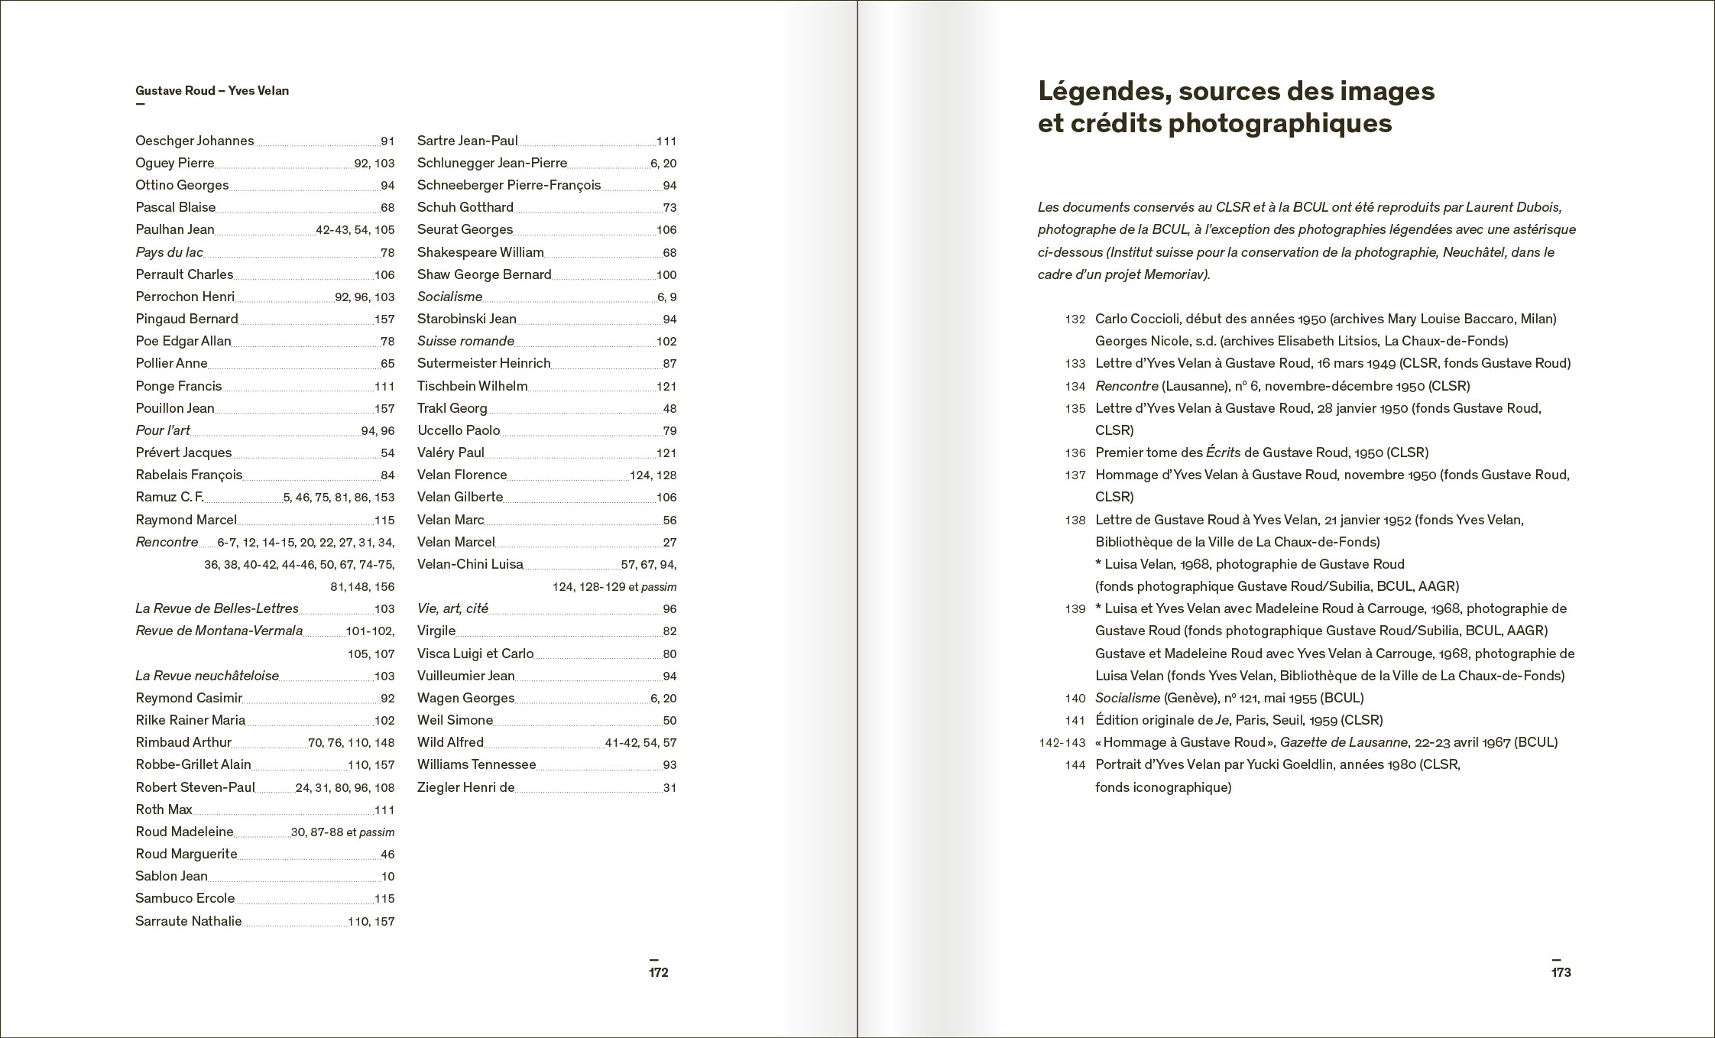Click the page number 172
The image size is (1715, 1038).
[658, 972]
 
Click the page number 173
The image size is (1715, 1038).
[1561, 972]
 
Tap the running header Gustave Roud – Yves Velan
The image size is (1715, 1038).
[212, 91]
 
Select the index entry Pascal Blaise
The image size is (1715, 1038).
[175, 207]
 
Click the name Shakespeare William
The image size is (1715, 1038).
[480, 252]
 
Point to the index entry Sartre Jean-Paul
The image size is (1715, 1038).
[467, 141]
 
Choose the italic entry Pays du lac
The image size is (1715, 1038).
[169, 252]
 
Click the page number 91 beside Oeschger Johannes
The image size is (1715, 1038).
[387, 141]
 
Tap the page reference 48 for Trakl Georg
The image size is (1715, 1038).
[669, 409]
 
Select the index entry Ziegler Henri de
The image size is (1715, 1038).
[465, 787]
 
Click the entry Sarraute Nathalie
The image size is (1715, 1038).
[188, 921]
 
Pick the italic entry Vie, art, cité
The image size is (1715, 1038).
[452, 608]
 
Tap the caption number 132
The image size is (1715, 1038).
[1075, 319]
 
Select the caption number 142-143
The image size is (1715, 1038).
[1062, 742]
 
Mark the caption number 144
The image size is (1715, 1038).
[1075, 764]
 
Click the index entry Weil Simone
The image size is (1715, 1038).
[455, 720]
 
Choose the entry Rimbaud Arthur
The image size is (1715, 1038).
[183, 742]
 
